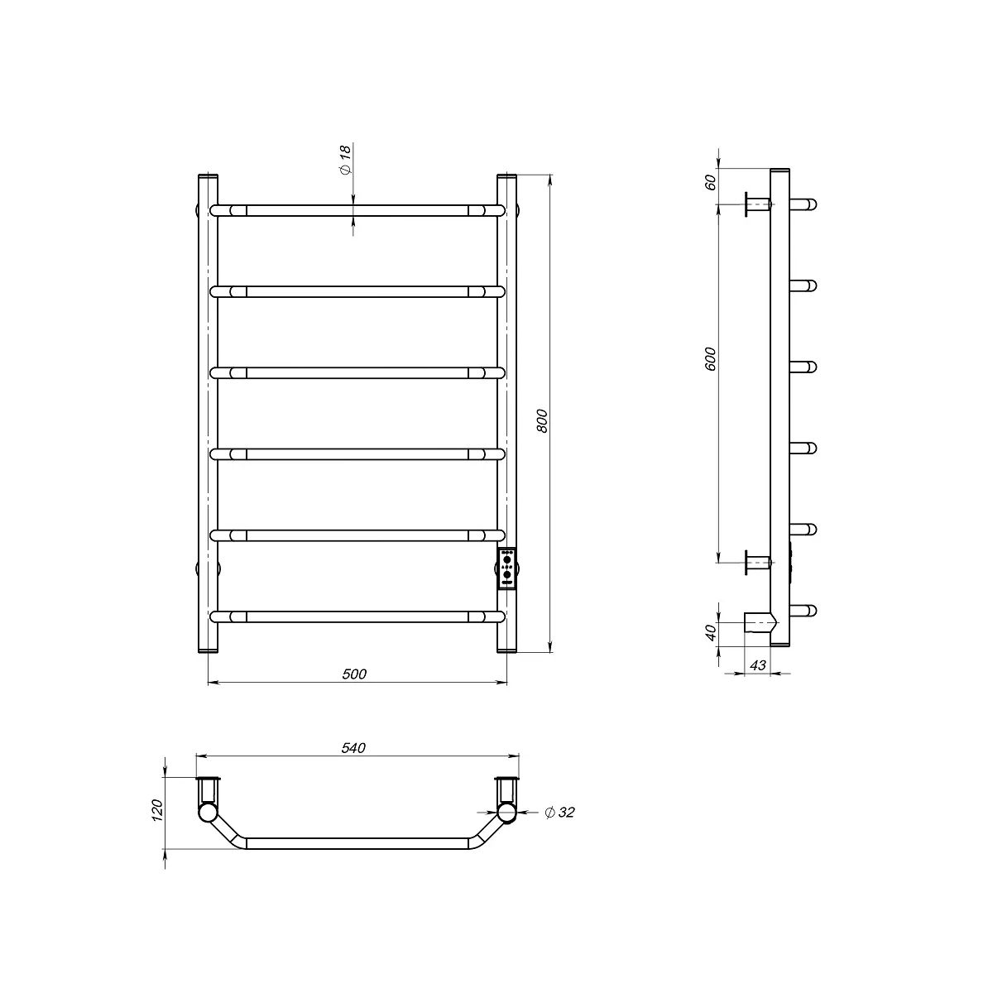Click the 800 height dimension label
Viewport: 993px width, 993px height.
coord(543,420)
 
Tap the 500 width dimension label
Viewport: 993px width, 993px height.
coord(354,674)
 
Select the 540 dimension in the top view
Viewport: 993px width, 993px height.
coord(353,748)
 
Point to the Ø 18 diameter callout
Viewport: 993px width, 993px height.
coord(345,159)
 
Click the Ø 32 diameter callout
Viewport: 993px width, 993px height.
coord(559,813)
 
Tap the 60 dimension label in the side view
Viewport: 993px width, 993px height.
coord(710,182)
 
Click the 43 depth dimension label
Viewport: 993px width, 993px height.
coord(757,665)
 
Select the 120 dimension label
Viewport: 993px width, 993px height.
coord(157,810)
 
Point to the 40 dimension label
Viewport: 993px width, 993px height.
coord(710,632)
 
